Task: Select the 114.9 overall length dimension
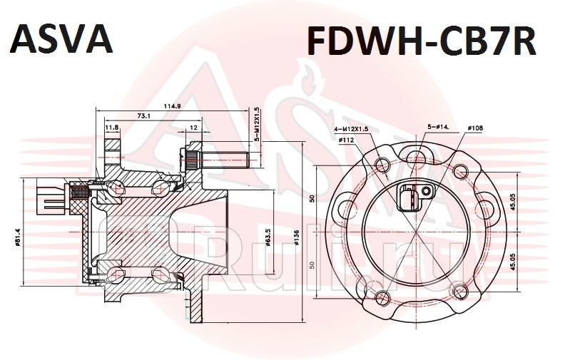tap(172, 106)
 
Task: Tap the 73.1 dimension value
tap(143, 115)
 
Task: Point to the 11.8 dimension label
tap(112, 128)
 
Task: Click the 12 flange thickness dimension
tap(193, 128)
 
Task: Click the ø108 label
tap(475, 128)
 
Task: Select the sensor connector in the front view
tap(411, 197)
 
